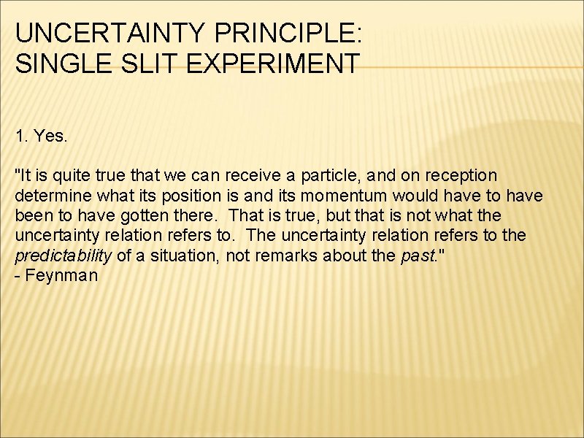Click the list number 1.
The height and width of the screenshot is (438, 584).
[20, 135]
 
